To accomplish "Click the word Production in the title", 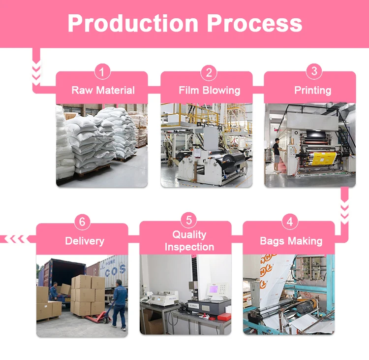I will (x=132, y=23).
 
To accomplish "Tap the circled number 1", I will (x=102, y=73).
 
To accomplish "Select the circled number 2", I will (x=209, y=73).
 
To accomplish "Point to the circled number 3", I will (x=314, y=71).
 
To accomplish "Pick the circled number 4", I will (x=290, y=222).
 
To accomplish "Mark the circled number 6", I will (x=82, y=222).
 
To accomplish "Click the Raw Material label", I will (x=103, y=90).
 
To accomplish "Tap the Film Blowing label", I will (x=209, y=90).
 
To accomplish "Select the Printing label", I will (x=312, y=90).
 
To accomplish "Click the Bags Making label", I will (x=291, y=241).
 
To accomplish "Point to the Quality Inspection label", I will (x=189, y=241).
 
